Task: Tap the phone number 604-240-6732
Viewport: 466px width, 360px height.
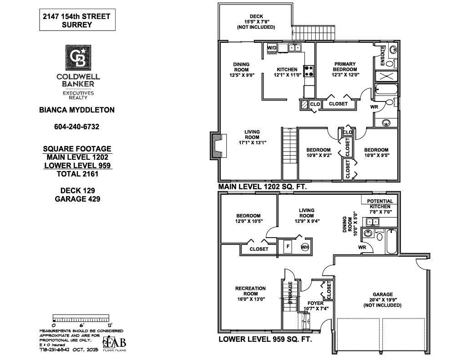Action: click(x=76, y=127)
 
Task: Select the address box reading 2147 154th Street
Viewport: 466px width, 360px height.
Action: click(x=76, y=21)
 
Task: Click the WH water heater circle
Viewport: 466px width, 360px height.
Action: click(x=304, y=247)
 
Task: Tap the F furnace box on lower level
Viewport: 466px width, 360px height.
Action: click(x=287, y=247)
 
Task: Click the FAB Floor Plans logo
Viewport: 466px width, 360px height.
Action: click(x=114, y=343)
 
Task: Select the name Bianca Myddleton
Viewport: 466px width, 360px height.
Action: click(x=76, y=110)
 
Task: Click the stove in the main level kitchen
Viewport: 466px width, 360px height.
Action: click(x=309, y=71)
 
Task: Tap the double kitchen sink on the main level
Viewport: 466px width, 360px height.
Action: click(x=294, y=47)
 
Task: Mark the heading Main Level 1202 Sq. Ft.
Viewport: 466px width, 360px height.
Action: click(x=263, y=187)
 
